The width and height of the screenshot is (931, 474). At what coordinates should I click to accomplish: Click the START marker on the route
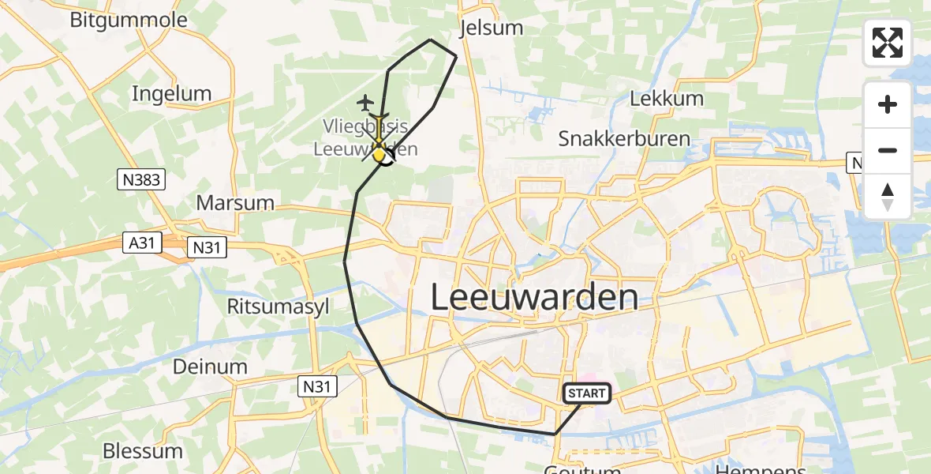click(x=586, y=393)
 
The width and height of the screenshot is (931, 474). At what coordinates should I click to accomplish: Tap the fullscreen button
click(x=888, y=43)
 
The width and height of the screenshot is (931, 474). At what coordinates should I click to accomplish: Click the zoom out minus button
click(x=888, y=150)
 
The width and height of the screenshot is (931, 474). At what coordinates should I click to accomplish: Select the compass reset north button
click(x=888, y=197)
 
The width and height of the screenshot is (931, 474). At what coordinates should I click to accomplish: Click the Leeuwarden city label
click(x=535, y=298)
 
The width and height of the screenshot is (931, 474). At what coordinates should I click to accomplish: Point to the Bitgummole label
click(x=129, y=20)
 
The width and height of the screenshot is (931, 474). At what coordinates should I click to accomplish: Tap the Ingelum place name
click(x=171, y=94)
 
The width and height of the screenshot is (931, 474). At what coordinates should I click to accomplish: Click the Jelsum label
click(x=491, y=28)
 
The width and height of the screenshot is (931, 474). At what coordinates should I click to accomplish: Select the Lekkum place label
click(x=667, y=99)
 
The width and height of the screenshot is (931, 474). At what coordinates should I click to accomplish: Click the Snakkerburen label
click(x=624, y=139)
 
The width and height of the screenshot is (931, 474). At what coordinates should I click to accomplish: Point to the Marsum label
click(x=235, y=202)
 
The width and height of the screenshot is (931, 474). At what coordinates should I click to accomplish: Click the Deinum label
click(x=211, y=367)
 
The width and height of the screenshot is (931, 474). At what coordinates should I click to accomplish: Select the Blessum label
click(x=143, y=452)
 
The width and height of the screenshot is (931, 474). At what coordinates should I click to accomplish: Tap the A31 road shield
click(x=143, y=243)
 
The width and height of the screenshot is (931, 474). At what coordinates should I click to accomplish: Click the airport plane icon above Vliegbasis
click(x=365, y=102)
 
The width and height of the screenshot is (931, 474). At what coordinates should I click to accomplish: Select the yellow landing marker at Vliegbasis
click(x=380, y=156)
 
